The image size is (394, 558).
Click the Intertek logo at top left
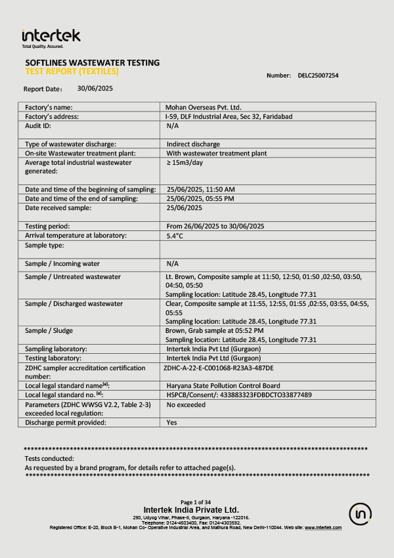pyautogui.click(x=51, y=37)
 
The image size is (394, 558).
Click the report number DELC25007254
pyautogui.click(x=318, y=75)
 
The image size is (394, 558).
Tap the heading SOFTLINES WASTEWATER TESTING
pyautogui.click(x=92, y=63)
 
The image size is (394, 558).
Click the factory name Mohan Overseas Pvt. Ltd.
pyautogui.click(x=204, y=106)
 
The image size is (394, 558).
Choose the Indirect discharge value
pyautogui.click(x=193, y=144)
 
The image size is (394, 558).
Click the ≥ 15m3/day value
pyautogui.click(x=188, y=162)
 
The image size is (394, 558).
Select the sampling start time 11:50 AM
pyautogui.click(x=200, y=189)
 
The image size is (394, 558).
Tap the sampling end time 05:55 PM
pyautogui.click(x=200, y=198)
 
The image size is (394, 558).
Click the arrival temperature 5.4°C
pyautogui.click(x=175, y=235)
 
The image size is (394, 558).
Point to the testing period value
pyautogui.click(x=215, y=226)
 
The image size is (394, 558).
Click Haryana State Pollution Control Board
pyautogui.click(x=223, y=385)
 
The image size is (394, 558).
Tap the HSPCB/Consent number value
pyautogui.click(x=239, y=395)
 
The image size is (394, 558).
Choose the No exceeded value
pyautogui.click(x=186, y=404)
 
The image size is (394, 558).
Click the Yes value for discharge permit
pyautogui.click(x=172, y=422)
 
